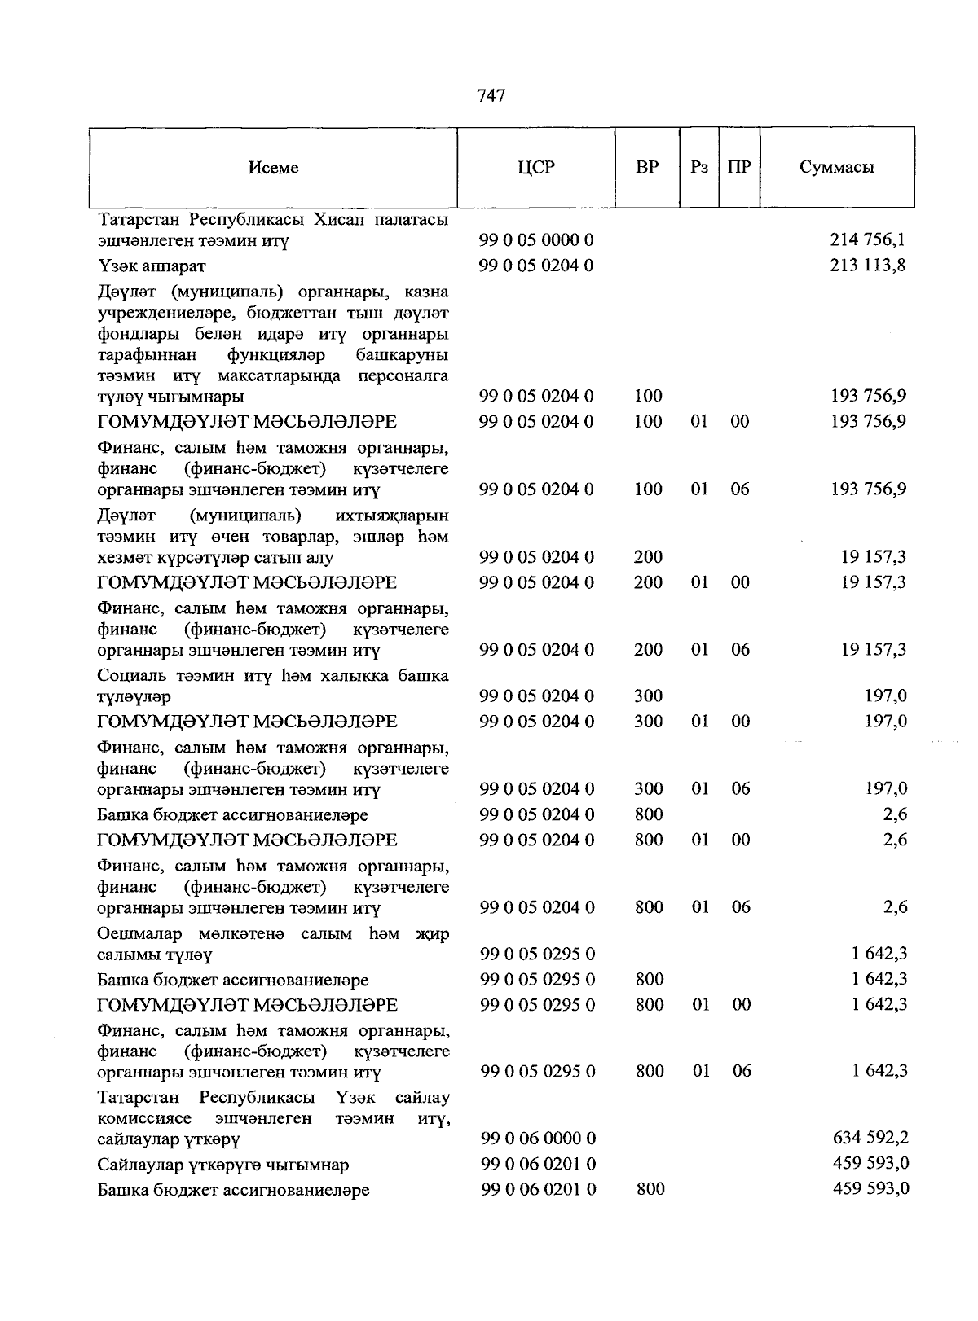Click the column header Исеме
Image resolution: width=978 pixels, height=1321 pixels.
point(273,168)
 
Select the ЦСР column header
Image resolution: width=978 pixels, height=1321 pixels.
point(535,168)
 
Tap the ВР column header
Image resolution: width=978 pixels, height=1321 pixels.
point(647,168)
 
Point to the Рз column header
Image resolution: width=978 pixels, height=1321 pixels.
point(698,168)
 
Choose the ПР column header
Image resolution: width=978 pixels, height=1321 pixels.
point(739,168)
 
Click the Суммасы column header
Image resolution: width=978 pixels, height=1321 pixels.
point(836,168)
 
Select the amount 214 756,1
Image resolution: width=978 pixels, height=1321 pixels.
point(868,240)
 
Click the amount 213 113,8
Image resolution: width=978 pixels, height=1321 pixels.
point(868,266)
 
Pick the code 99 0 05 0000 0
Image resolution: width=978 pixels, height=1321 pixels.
point(536,240)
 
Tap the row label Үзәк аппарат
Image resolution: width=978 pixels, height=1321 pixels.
point(152,266)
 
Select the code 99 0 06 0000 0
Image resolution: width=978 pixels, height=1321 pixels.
point(538,1138)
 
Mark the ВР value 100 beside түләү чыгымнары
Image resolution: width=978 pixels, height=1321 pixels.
point(648,397)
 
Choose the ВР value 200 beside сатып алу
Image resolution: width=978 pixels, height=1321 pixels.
point(648,558)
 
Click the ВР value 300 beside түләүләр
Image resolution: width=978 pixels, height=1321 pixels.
point(648,696)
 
